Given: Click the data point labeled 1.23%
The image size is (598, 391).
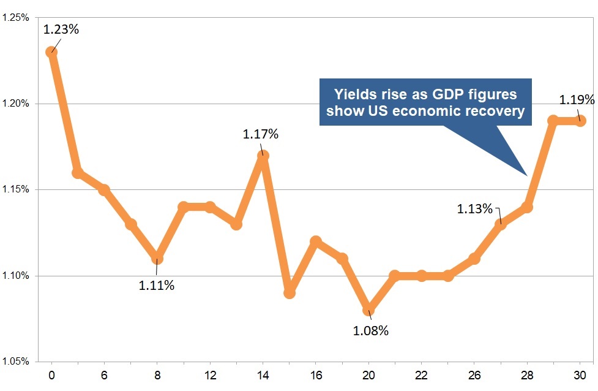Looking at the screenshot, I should (x=51, y=52).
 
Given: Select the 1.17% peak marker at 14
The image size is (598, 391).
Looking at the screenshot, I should (x=263, y=156).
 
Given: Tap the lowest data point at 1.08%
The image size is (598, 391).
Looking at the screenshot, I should (x=368, y=310).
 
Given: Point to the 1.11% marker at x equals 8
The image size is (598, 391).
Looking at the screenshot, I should (x=157, y=259).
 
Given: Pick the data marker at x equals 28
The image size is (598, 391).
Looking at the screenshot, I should (x=527, y=207).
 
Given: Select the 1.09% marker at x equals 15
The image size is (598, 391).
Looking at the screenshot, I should (x=290, y=293).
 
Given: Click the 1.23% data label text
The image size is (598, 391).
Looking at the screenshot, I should (x=61, y=29).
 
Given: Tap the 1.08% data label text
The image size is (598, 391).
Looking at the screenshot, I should (x=371, y=332).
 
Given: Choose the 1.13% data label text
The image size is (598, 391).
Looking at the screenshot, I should (x=474, y=209).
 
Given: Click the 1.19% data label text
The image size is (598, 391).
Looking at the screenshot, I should (x=577, y=100).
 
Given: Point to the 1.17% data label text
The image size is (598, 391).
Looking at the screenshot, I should (x=260, y=134).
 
